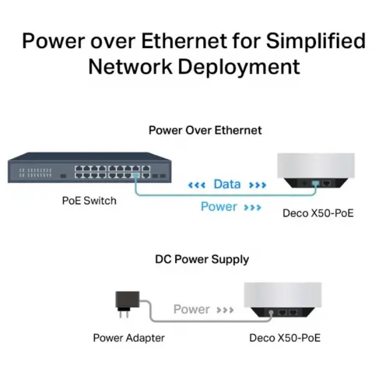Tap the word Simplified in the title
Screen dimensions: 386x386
316,41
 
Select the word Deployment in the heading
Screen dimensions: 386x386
239,67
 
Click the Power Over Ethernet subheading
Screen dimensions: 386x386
205,130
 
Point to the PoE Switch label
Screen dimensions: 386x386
89,201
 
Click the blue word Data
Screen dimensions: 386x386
227,184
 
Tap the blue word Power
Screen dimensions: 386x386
219,207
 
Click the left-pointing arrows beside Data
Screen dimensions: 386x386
197,185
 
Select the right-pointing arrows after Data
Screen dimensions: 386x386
258,185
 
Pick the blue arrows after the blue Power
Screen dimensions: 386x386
252,208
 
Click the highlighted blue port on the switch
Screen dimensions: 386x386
135,175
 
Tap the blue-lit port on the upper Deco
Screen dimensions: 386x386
315,184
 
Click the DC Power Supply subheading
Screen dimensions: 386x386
202,259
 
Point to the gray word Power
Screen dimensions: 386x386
191,309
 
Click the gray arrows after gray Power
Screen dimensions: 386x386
225,310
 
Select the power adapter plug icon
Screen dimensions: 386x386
128,304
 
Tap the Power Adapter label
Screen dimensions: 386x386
129,338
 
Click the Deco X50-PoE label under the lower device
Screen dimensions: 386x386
285,338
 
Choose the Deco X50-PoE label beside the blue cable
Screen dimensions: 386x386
318,213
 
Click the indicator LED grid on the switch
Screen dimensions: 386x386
36,173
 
